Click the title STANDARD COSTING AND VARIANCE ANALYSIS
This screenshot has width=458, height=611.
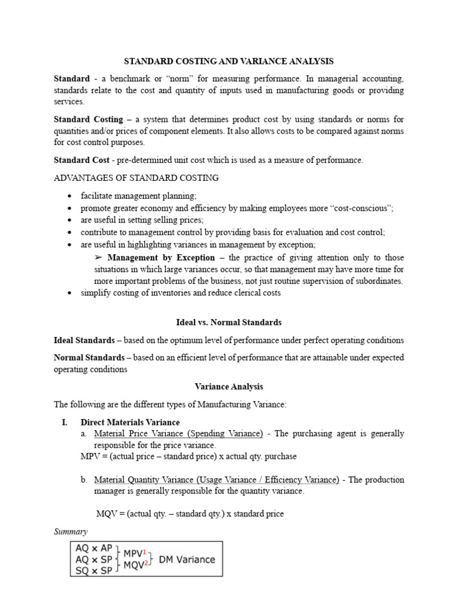[x=228, y=61]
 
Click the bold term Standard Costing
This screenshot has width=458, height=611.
[x=88, y=120]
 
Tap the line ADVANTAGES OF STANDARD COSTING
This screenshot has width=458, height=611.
[x=136, y=178]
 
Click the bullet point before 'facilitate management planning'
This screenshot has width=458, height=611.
[x=71, y=196]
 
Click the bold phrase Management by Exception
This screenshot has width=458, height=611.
[x=161, y=258]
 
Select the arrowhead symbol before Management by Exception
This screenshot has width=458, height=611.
[x=99, y=258]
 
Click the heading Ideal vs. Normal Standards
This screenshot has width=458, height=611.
[x=229, y=322]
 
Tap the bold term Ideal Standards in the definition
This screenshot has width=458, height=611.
[x=84, y=340]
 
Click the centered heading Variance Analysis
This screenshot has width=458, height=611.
[x=229, y=387]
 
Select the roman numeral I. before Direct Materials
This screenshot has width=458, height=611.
[x=66, y=422]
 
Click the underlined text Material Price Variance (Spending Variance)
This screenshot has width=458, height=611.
[x=179, y=433]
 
